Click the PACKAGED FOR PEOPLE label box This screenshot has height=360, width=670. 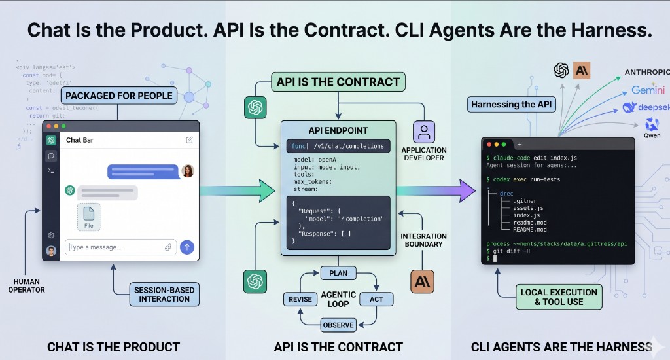tap(118, 96)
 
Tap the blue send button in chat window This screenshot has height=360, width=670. tap(187, 247)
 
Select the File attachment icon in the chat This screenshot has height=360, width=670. tap(89, 217)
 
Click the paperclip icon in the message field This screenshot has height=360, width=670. tap(168, 247)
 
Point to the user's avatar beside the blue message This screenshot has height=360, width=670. tap(188, 171)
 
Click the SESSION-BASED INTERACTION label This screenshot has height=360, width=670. tap(164, 294)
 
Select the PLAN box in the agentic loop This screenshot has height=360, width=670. tap(338, 273)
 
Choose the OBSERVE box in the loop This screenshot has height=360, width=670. tap(338, 325)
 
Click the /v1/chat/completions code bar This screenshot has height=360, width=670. tap(339, 146)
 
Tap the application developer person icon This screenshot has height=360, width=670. tap(423, 132)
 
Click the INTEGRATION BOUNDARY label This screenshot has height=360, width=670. tap(423, 240)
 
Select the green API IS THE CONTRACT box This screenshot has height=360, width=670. tap(338, 82)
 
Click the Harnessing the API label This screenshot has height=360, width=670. tap(511, 104)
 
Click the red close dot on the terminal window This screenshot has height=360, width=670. tap(487, 144)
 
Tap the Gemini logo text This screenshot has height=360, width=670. tap(648, 90)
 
